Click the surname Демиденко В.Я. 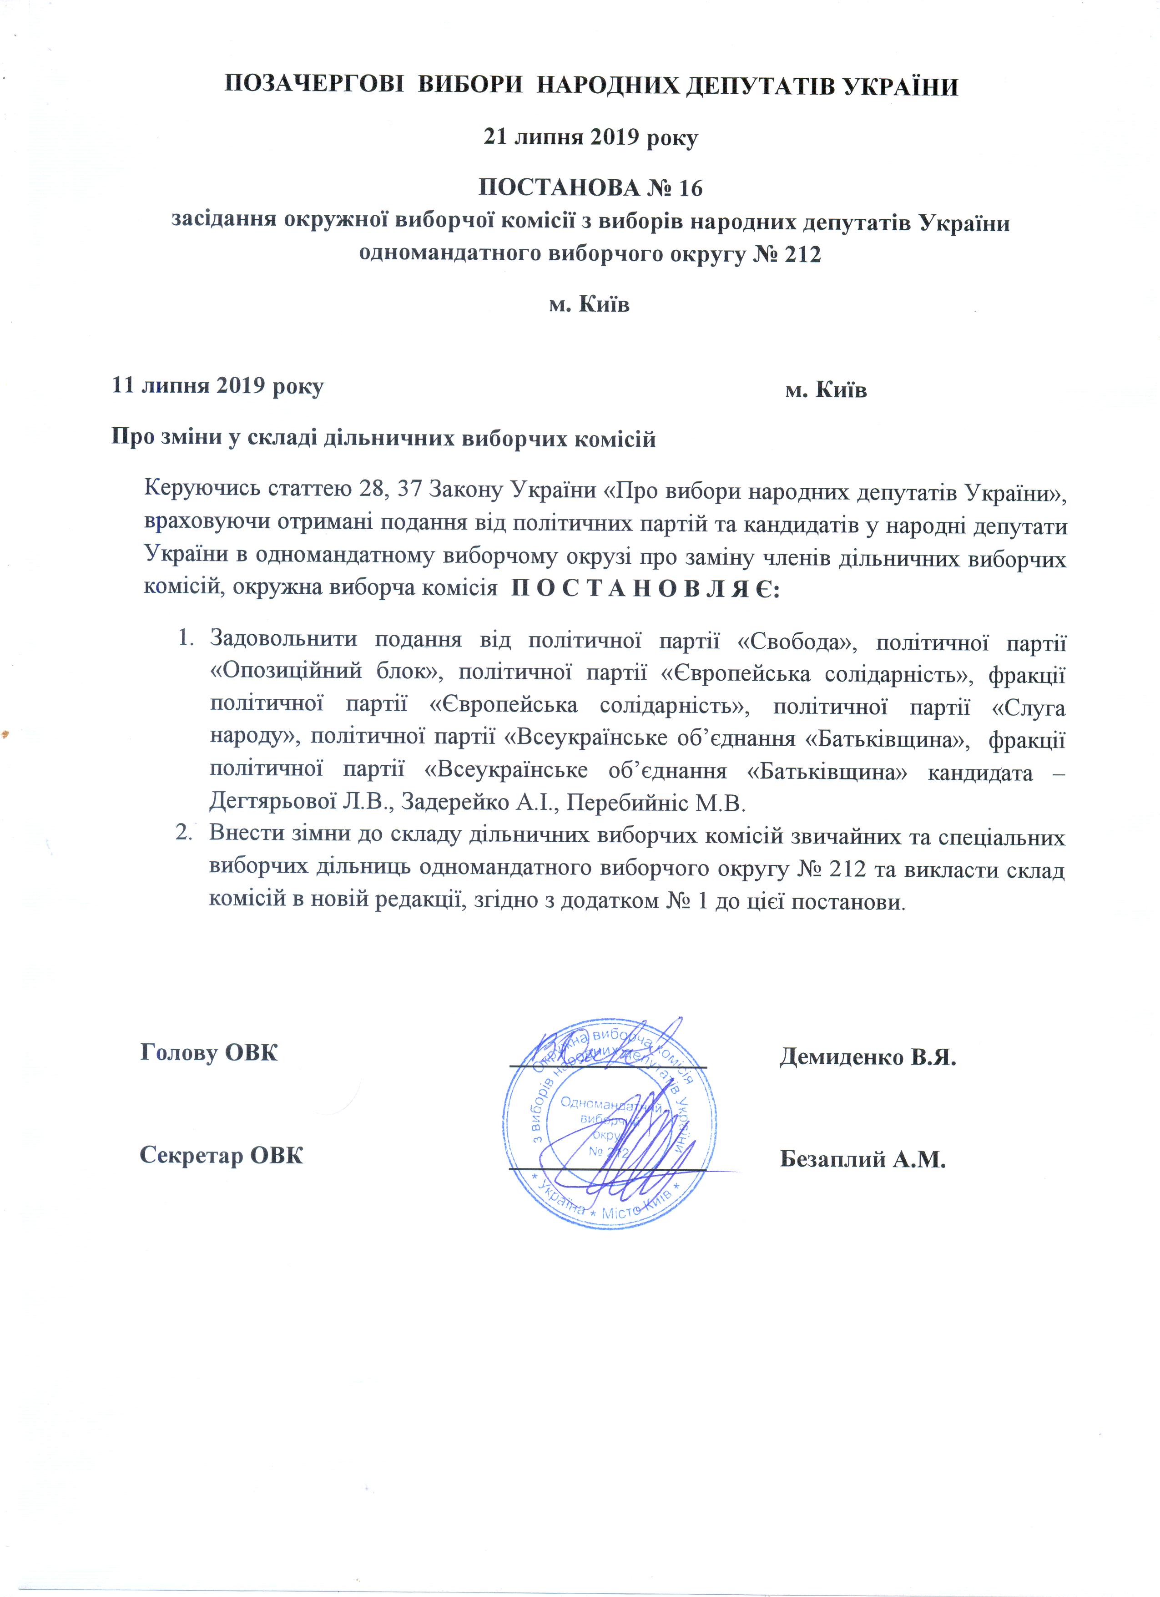pos(867,1056)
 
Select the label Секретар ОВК pos(222,1155)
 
